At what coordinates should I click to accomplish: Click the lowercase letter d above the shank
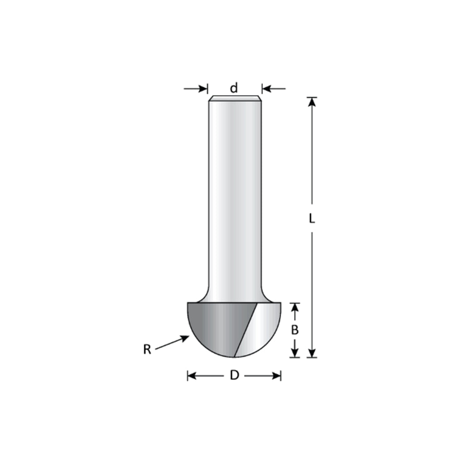pyautogui.click(x=234, y=88)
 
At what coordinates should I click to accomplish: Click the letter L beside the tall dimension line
pyautogui.click(x=312, y=218)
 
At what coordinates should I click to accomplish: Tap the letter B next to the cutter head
pyautogui.click(x=294, y=330)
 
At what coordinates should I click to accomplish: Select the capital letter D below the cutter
pyautogui.click(x=234, y=376)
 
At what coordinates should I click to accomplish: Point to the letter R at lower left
pyautogui.click(x=147, y=350)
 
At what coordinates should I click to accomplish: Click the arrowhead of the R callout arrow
pyautogui.click(x=185, y=338)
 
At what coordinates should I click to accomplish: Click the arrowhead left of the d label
pyautogui.click(x=203, y=89)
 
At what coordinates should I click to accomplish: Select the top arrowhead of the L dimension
pyautogui.click(x=312, y=102)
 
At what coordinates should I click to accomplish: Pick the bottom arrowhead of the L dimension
pyautogui.click(x=312, y=353)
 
